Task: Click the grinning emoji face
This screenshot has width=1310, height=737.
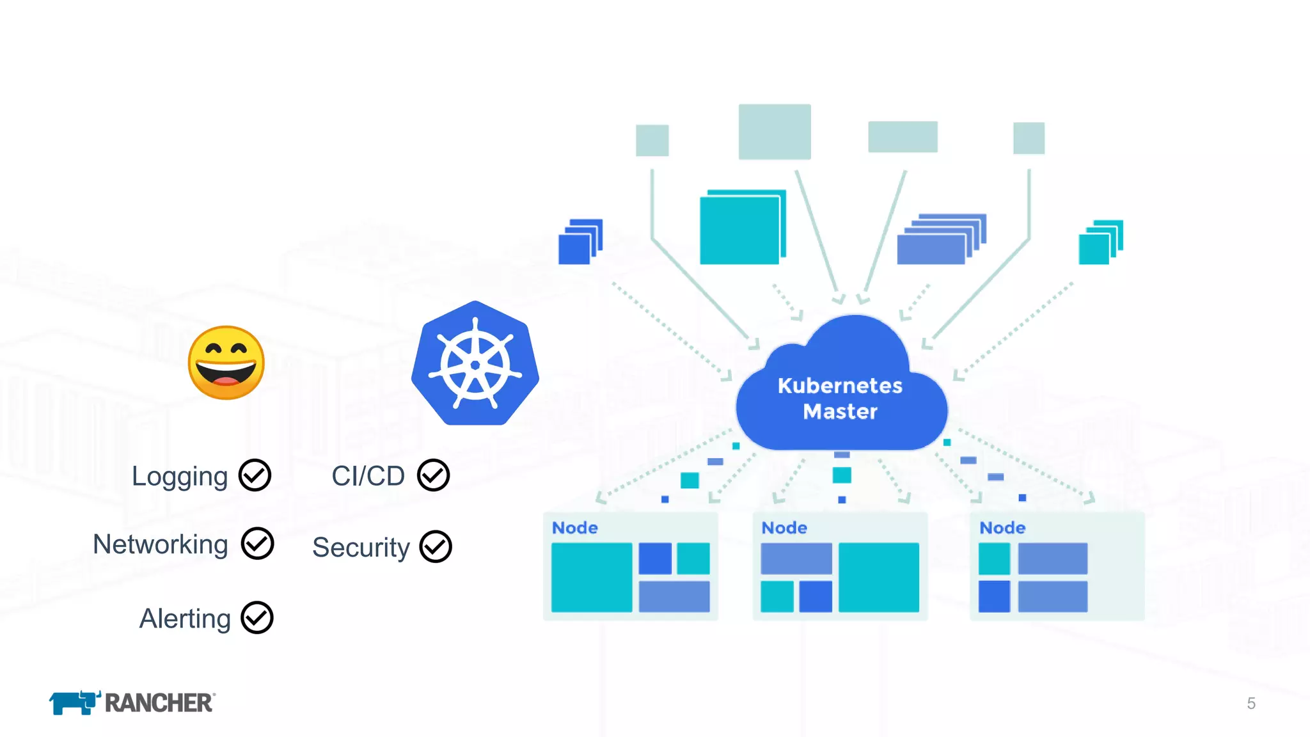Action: [x=226, y=363]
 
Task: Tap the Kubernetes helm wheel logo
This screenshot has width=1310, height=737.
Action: [x=475, y=364]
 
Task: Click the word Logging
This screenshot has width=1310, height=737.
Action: [x=179, y=477]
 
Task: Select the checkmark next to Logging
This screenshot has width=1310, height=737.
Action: [x=255, y=475]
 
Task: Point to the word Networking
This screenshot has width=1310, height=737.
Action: [x=161, y=544]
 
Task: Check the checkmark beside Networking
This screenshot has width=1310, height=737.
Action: [x=258, y=544]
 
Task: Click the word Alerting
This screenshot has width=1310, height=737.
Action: [x=185, y=619]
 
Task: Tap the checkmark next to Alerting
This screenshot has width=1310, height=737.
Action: [x=257, y=618]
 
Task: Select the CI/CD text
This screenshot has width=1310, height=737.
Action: [x=368, y=476]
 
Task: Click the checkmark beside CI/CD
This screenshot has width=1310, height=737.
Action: [x=434, y=475]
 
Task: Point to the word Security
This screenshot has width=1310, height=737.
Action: [x=361, y=548]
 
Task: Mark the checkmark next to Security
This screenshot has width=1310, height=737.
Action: [x=436, y=547]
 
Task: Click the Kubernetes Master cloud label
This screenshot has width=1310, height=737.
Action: [x=840, y=398]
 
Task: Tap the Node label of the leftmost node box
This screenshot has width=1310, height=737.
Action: [x=575, y=528]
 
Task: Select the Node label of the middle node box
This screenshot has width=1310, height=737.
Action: [x=784, y=528]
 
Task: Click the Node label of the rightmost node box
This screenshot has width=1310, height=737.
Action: [x=1002, y=528]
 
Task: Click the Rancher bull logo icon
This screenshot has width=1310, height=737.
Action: [x=74, y=702]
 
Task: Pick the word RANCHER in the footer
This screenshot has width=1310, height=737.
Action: [x=159, y=703]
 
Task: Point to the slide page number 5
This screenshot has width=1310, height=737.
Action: [x=1251, y=704]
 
